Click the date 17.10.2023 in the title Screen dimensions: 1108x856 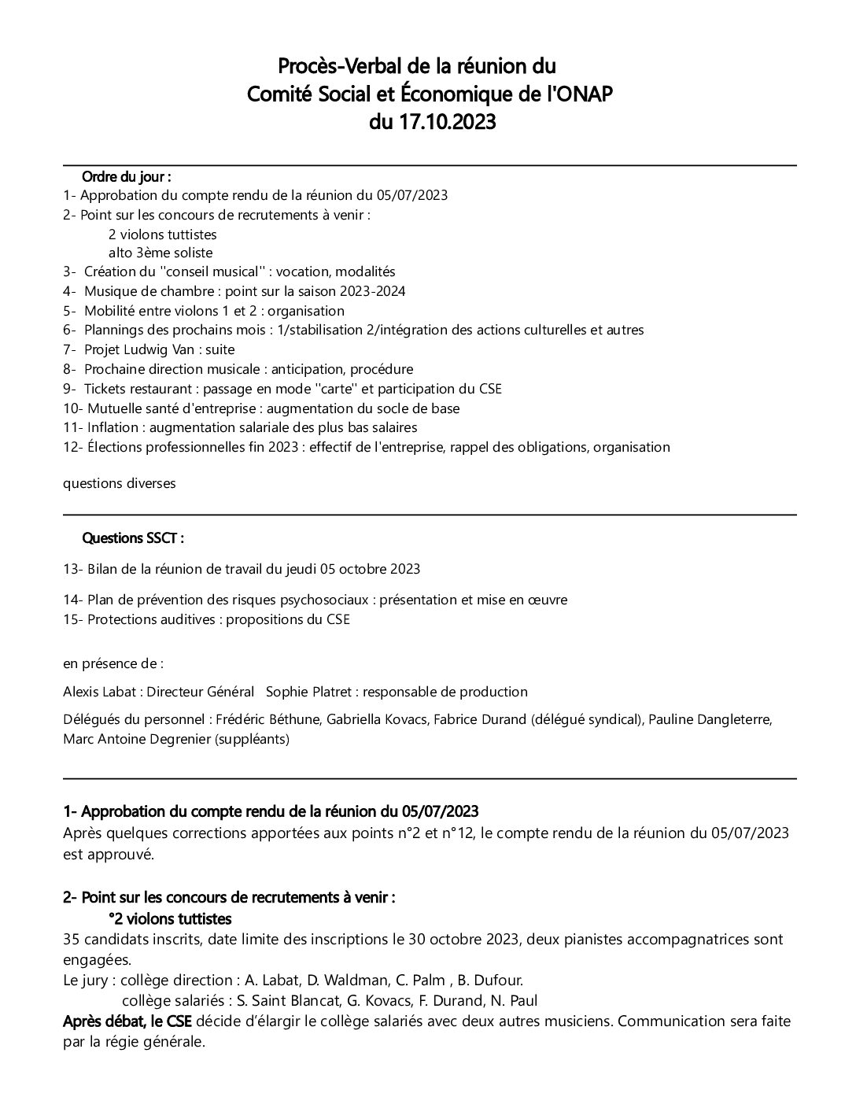coord(448,123)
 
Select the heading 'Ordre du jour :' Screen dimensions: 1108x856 coord(127,176)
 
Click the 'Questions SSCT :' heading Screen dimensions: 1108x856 coord(133,538)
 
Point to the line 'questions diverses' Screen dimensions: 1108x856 coord(120,483)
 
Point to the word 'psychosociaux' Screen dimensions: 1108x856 coord(329,600)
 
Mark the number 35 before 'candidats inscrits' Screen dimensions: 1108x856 coord(71,939)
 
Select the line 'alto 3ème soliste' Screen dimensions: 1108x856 coord(160,253)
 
